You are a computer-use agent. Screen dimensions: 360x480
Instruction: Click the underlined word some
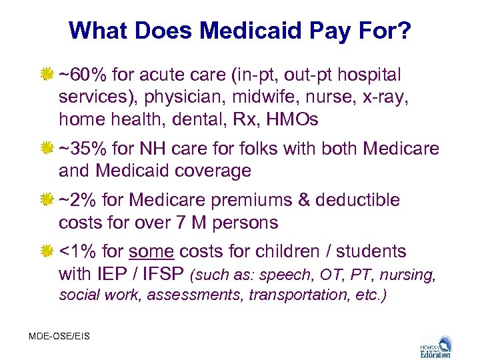[151, 251]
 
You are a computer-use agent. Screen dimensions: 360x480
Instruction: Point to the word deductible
[358, 200]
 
